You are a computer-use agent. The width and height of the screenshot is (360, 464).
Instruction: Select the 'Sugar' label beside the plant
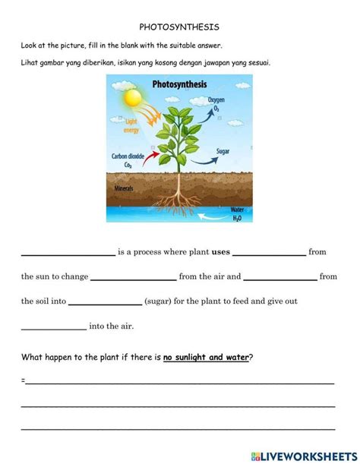pyautogui.click(x=223, y=151)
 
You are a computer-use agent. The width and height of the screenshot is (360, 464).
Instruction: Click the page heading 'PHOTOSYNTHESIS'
pyautogui.click(x=179, y=26)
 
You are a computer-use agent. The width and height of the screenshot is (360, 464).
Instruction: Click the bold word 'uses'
pyautogui.click(x=220, y=252)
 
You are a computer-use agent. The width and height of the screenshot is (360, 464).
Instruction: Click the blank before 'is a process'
pyautogui.click(x=67, y=254)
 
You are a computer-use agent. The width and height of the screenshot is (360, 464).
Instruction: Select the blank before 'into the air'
pyautogui.click(x=53, y=327)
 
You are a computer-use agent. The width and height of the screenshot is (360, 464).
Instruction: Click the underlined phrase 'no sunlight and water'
pyautogui.click(x=206, y=356)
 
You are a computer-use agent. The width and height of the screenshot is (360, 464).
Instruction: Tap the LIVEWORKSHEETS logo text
pyautogui.click(x=307, y=454)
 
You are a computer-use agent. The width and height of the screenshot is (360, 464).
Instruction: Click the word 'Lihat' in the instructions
pyautogui.click(x=30, y=62)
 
